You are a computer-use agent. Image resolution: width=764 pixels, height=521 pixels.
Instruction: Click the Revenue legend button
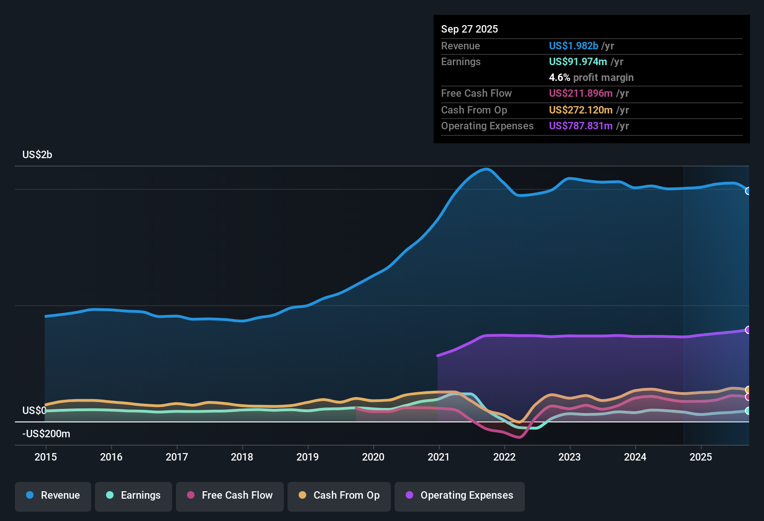coord(53,495)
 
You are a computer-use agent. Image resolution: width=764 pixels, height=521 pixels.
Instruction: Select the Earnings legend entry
coord(134,495)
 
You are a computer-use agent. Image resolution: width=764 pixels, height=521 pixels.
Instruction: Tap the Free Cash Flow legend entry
coord(230,495)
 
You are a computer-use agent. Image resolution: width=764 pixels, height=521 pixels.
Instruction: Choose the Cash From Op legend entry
coord(339,495)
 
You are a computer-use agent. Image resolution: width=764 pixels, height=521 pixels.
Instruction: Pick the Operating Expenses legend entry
coord(460,495)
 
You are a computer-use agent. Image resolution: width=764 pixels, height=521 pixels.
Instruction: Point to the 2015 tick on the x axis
coord(46,457)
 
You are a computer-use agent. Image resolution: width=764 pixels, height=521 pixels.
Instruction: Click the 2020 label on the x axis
coord(373,457)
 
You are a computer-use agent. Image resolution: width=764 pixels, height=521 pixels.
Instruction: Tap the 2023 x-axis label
coord(570,457)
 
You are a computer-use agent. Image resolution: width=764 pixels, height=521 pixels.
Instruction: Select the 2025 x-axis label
coord(701,457)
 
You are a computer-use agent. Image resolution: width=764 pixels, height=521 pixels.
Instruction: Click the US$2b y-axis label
coord(37,155)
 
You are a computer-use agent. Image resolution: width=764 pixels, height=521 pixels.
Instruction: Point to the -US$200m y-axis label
coord(47,434)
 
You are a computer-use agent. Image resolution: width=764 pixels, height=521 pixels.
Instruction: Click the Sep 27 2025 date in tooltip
coord(469,29)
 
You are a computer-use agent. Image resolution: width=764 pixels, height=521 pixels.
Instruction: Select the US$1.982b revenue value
coord(574,46)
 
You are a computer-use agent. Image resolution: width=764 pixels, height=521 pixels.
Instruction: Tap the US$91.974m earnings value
coord(578,62)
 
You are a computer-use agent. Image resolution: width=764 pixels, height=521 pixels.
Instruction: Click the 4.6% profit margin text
coord(591,78)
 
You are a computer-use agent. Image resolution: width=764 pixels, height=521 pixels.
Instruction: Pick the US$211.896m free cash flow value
coord(581,94)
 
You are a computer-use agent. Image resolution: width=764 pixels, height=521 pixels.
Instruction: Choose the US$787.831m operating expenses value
coord(581,126)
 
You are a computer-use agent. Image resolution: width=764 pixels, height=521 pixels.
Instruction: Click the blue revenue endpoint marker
coord(748,191)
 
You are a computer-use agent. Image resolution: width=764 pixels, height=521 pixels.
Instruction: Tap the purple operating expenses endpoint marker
coord(748,330)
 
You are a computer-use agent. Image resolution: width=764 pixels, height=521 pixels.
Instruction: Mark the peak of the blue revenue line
coord(487,169)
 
